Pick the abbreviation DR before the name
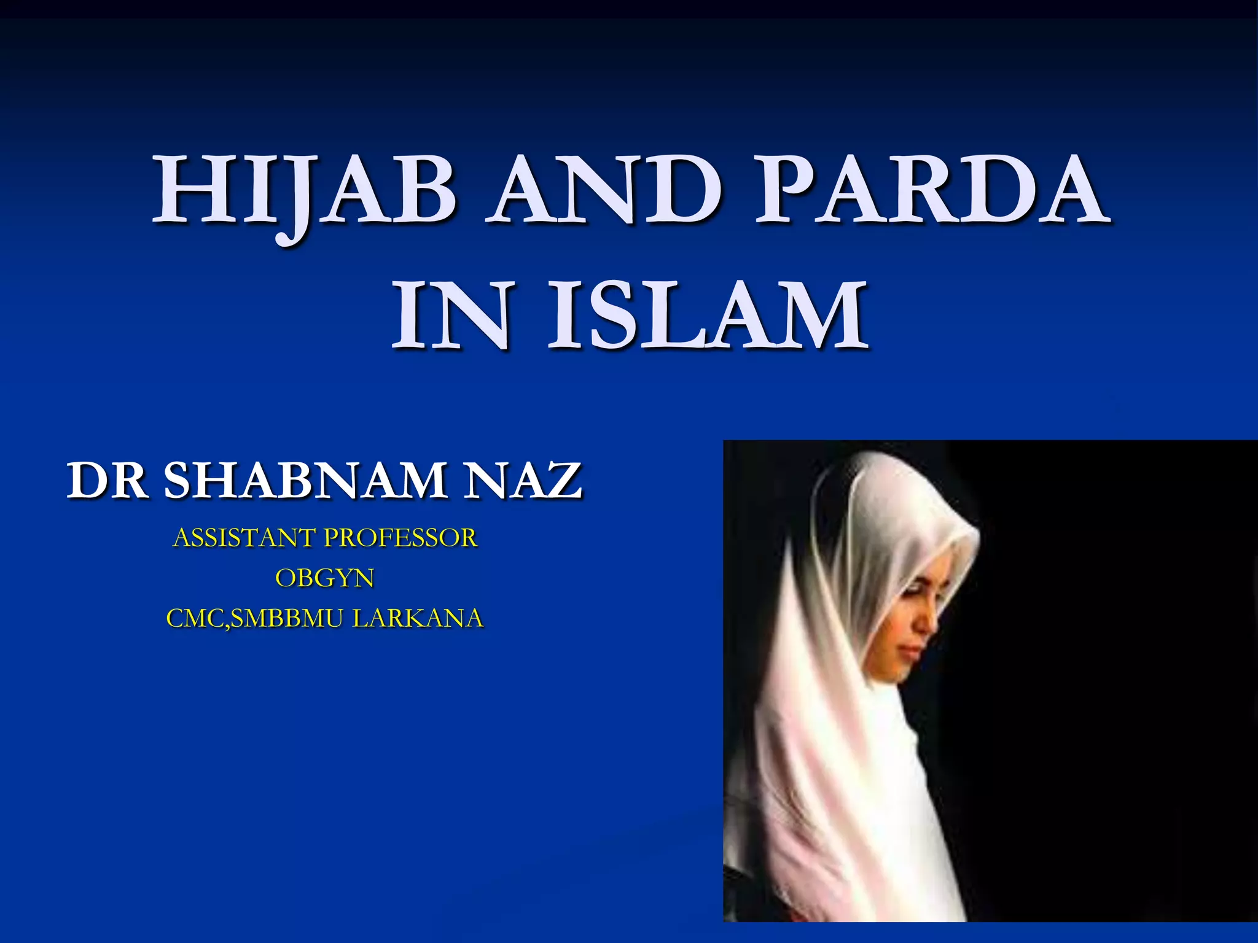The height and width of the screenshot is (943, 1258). pos(107,480)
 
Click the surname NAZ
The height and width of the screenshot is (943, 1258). pos(523,480)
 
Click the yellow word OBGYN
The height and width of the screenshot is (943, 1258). pos(324,578)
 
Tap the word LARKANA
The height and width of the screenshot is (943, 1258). pos(418,618)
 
